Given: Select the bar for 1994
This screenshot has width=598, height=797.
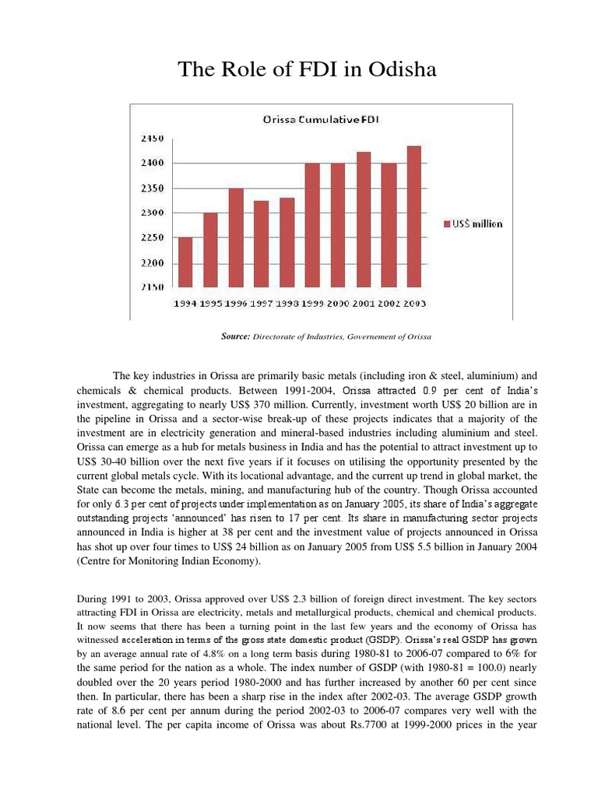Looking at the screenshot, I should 185,262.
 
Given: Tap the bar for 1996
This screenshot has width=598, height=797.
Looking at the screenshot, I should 235,238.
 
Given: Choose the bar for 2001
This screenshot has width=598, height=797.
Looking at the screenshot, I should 362,220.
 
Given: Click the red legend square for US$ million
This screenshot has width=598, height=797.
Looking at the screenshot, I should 447,223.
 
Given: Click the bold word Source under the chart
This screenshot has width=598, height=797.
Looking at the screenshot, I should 234,336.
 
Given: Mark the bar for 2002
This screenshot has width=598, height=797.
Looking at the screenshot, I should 388,226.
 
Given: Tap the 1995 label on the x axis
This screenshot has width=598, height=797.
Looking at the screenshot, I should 210,303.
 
